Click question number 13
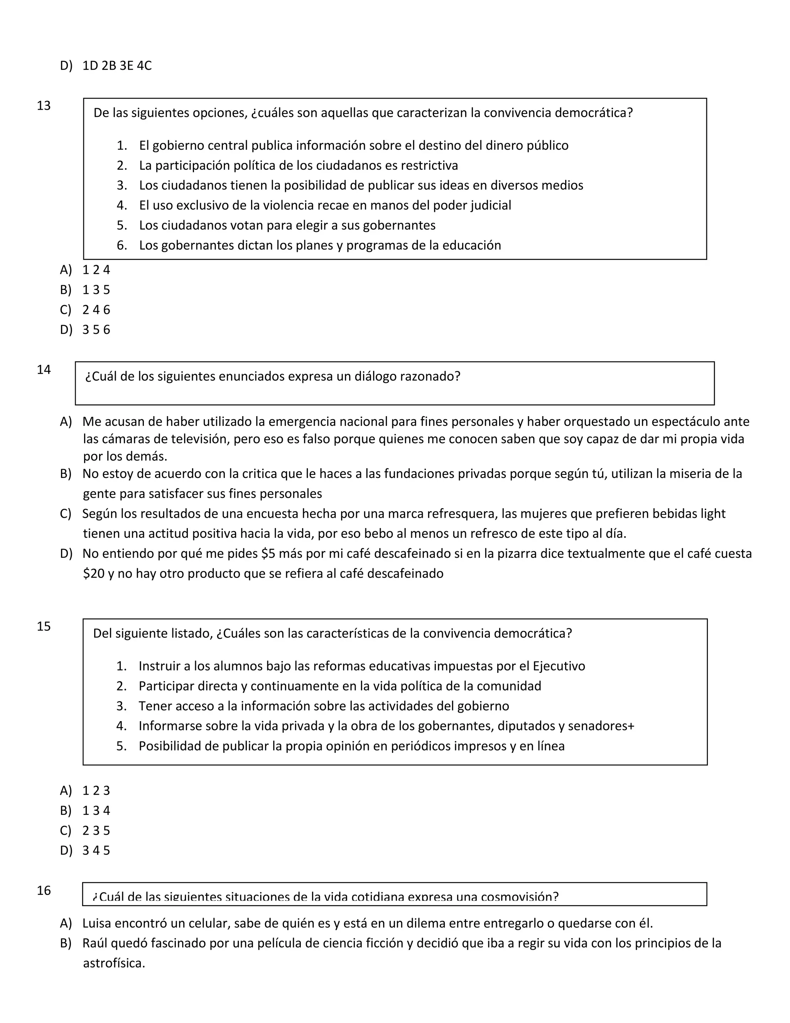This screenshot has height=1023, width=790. [x=44, y=106]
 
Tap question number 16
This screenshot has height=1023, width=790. [x=44, y=891]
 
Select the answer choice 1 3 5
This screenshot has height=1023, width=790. [x=96, y=290]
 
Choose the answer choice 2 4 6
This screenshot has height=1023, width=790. [x=96, y=310]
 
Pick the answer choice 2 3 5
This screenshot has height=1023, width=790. [x=96, y=830]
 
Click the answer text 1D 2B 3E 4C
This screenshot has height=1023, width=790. [x=117, y=66]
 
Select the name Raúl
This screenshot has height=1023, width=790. [x=95, y=943]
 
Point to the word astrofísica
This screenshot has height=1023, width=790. [x=114, y=963]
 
